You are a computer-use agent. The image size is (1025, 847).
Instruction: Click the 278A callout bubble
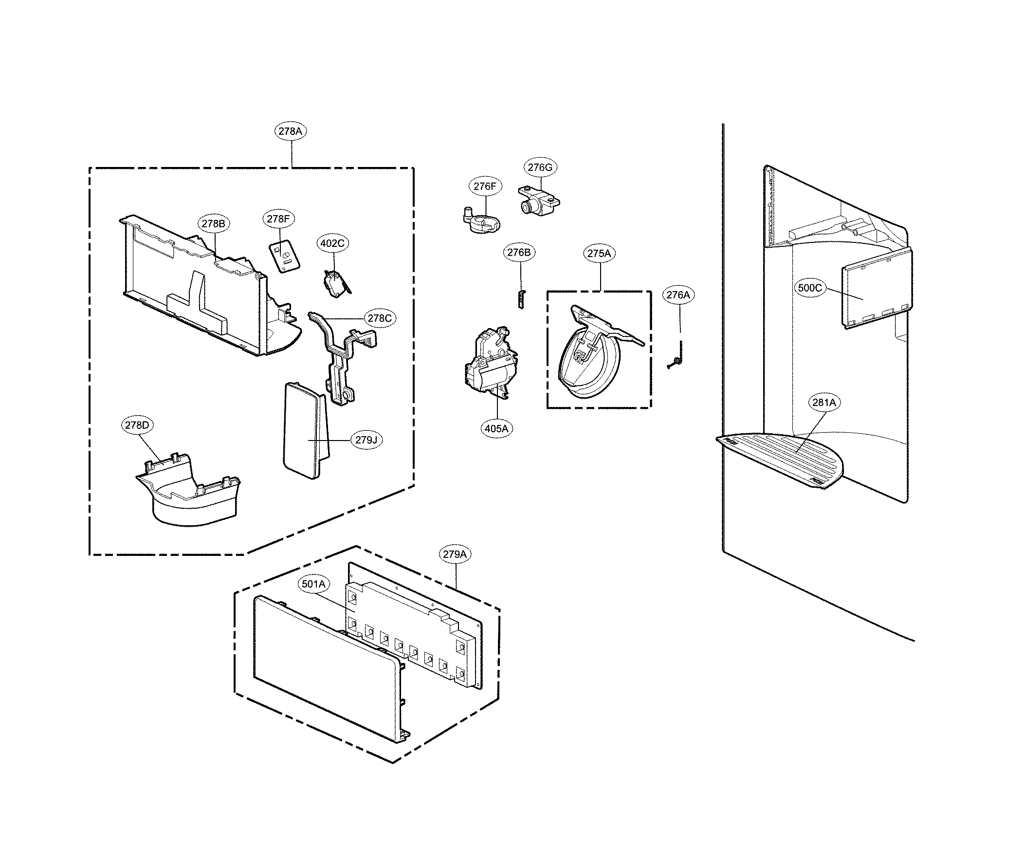click(291, 131)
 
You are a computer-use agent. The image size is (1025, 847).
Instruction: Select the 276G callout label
click(540, 167)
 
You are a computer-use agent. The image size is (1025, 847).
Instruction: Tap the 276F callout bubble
click(484, 186)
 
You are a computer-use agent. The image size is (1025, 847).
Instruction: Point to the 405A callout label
click(496, 428)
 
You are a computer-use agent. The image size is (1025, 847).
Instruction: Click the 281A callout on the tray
click(824, 403)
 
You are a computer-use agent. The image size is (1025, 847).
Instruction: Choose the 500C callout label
click(810, 288)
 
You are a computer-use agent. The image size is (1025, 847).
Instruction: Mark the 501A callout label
click(313, 584)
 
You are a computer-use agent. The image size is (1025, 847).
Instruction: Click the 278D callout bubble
click(137, 425)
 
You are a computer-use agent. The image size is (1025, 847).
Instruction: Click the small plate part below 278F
click(285, 257)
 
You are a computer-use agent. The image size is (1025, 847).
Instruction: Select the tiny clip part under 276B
click(521, 298)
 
